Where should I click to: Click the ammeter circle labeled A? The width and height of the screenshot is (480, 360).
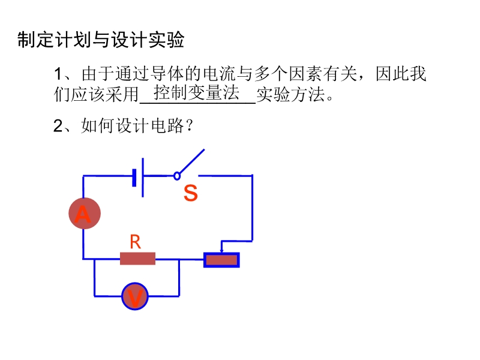(x=84, y=213)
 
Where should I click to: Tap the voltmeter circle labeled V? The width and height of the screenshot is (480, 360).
(x=135, y=296)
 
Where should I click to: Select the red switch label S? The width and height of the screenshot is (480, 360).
(x=190, y=193)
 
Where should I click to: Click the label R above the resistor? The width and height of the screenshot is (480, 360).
(x=135, y=242)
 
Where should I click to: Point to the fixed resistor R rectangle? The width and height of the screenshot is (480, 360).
(x=137, y=259)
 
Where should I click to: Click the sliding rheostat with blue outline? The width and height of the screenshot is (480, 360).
(x=221, y=260)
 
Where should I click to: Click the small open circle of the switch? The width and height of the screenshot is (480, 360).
(x=176, y=176)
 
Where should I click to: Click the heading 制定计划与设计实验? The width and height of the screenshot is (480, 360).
(x=100, y=40)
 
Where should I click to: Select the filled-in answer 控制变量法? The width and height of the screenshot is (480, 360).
(x=197, y=93)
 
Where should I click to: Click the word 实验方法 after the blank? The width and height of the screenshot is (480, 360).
(x=290, y=95)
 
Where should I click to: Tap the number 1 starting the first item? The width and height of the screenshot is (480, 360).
(x=58, y=75)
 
